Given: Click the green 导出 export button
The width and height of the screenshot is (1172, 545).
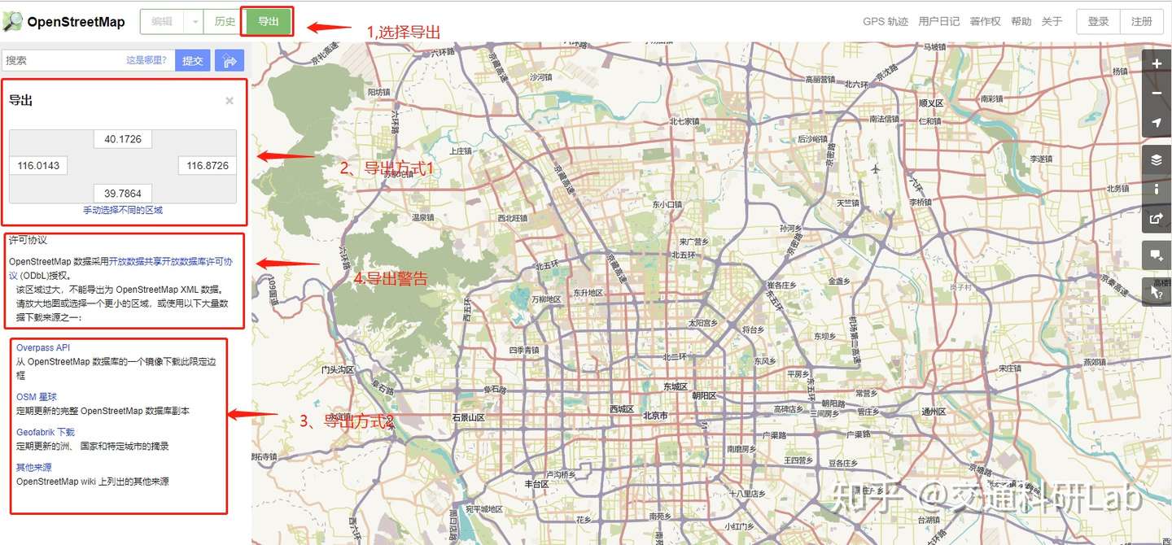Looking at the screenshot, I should [x=268, y=22].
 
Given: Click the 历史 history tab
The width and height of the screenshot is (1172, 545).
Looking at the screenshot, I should [x=225, y=22].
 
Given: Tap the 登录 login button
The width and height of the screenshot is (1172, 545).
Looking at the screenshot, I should [x=1098, y=22].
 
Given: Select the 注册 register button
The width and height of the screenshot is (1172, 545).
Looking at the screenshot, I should [x=1141, y=22].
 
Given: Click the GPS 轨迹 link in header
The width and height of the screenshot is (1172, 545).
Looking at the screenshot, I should [x=885, y=22].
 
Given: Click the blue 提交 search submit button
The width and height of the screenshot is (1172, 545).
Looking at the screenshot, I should [x=193, y=60].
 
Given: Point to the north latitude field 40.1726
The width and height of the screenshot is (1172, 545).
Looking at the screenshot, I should [x=123, y=139].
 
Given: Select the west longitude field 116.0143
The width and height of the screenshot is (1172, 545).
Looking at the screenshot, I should [x=38, y=165].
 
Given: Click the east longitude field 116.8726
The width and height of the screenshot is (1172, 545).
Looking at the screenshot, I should [x=208, y=165].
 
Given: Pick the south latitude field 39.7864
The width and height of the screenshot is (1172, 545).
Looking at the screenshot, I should [x=123, y=194].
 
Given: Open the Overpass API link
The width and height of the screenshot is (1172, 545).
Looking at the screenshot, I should [x=43, y=348].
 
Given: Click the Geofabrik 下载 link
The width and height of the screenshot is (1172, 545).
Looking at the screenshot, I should [x=46, y=432].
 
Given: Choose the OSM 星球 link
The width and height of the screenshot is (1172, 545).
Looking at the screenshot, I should [x=37, y=397].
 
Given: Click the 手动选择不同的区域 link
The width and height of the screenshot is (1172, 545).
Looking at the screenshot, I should [x=123, y=210].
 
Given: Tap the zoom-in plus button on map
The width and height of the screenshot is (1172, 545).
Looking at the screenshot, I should [x=1157, y=63].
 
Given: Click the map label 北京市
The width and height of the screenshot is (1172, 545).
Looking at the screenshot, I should [x=655, y=416].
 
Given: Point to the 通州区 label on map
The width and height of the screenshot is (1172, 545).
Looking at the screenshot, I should [x=932, y=412].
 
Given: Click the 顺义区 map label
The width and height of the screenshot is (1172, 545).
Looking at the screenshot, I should [x=930, y=103].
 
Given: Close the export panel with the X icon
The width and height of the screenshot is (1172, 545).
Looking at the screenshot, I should [x=230, y=101].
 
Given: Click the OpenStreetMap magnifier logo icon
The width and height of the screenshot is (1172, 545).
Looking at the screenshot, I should [x=12, y=22].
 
